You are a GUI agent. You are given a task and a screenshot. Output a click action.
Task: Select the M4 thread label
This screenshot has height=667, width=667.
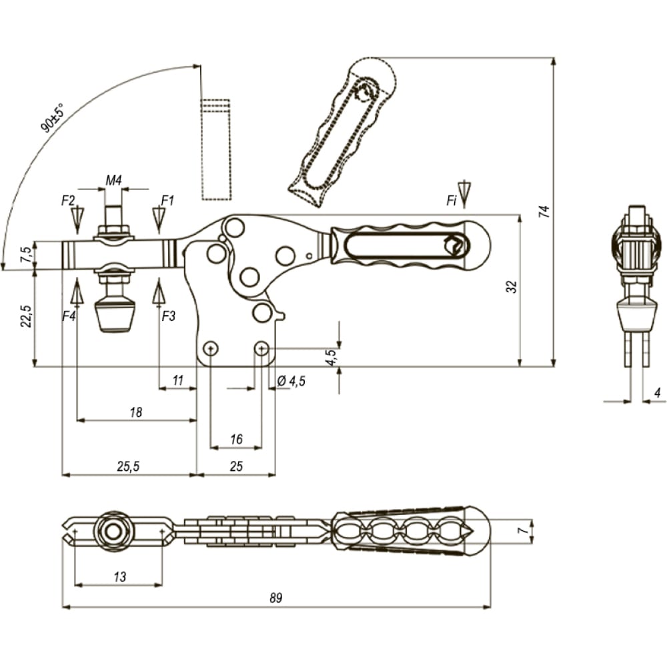tap(113, 180)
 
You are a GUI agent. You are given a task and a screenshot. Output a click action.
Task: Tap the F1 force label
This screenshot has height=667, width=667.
tap(167, 200)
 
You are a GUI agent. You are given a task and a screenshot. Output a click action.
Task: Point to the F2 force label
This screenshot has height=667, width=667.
tap(68, 200)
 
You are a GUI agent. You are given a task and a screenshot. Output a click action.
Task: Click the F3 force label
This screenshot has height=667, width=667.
tap(169, 316)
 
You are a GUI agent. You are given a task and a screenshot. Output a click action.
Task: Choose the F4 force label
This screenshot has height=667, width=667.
tap(69, 316)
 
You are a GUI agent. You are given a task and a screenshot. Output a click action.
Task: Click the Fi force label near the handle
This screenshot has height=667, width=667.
tap(452, 201)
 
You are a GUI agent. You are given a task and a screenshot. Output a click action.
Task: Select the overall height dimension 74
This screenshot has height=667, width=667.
tap(544, 211)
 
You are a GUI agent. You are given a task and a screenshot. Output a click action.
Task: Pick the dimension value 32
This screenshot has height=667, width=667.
tap(512, 287)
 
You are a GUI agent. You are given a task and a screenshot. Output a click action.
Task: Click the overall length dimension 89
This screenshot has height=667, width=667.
tap(275, 598)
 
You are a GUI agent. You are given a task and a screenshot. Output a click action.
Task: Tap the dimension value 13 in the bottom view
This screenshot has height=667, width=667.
tap(120, 577)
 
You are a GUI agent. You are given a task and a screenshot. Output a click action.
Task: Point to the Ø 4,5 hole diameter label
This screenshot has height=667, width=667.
tap(291, 381)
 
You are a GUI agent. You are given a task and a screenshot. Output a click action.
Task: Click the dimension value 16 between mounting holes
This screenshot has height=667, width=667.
tap(236, 439)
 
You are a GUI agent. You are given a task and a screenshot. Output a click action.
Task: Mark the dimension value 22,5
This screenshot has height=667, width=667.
tap(27, 315)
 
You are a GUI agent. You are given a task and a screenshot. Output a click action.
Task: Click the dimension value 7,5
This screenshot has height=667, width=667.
tap(27, 254)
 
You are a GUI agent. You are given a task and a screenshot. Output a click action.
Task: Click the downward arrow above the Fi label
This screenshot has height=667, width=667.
tap(464, 194)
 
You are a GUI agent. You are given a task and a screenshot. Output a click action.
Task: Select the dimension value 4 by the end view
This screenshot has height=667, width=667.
tap(658, 393)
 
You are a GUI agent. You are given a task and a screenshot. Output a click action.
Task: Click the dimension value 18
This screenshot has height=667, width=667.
tap(135, 412)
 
